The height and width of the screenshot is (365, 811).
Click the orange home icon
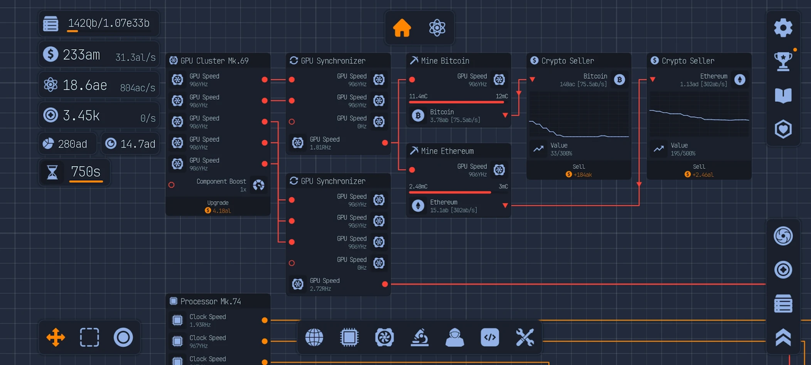click(402, 28)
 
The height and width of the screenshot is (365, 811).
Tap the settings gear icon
click(783, 28)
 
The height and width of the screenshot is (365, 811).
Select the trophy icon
click(783, 61)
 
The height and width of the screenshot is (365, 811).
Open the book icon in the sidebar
click(783, 96)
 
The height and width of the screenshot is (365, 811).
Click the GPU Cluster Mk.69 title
click(214, 61)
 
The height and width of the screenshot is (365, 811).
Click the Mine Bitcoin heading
click(445, 61)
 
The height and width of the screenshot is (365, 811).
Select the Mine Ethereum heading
click(447, 151)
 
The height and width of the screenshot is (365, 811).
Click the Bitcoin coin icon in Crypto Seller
click(619, 80)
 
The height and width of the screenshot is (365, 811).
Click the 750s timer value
click(86, 172)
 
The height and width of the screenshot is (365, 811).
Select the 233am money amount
click(81, 55)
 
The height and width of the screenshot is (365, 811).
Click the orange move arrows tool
click(55, 337)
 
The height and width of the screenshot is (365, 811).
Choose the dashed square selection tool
click(89, 337)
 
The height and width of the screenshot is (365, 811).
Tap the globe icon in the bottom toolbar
click(314, 337)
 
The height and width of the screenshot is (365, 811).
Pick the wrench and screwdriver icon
click(524, 337)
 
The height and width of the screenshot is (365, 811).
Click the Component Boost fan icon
click(259, 185)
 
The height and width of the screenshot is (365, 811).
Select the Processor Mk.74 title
click(211, 301)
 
